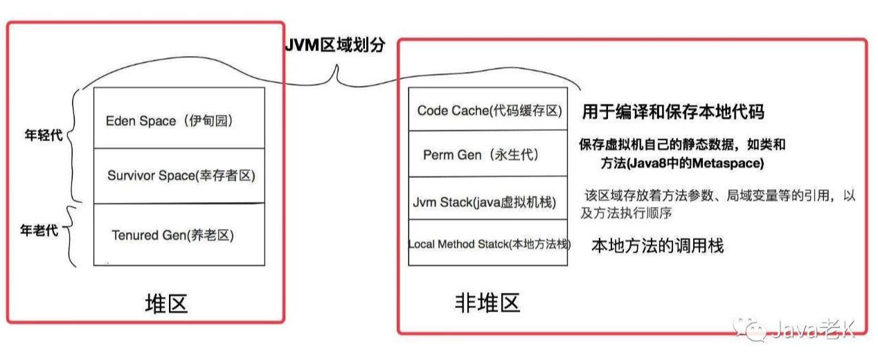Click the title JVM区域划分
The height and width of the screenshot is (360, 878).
coord(335,45)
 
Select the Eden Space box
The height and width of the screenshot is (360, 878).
coord(179,118)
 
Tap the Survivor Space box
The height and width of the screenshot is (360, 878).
coord(179,176)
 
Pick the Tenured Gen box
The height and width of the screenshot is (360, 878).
coord(179,235)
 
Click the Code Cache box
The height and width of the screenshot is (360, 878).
coord(488,109)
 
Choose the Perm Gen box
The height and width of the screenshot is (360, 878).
coord(488,154)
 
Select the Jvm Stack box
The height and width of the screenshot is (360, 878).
coord(488,198)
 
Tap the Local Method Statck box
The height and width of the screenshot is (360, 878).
coord(488,242)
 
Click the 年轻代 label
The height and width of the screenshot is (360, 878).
coord(44,135)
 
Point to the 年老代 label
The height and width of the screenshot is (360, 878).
coord(39,231)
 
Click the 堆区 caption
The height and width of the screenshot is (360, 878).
coord(166,304)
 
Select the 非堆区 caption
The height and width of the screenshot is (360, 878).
coord(487,303)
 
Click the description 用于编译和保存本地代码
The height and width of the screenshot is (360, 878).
coord(673,111)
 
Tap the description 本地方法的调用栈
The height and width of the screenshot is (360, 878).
coord(657,246)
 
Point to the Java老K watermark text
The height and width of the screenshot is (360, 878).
coord(814,329)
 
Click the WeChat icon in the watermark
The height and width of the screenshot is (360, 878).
coord(751,330)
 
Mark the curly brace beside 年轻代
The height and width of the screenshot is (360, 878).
coord(73,145)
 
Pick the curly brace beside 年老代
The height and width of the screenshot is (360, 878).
coord(70,236)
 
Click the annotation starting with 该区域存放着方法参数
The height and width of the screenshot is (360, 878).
coord(717,204)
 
